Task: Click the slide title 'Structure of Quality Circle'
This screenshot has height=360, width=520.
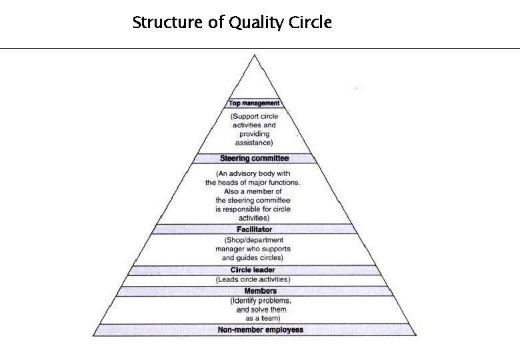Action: pyautogui.click(x=232, y=23)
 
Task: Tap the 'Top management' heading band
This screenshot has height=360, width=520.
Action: pyautogui.click(x=253, y=103)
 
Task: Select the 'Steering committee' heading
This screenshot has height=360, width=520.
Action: pyautogui.click(x=253, y=159)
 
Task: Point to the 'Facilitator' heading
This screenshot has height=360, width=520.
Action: pyautogui.click(x=253, y=229)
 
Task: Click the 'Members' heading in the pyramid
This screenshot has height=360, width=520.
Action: pyautogui.click(x=260, y=291)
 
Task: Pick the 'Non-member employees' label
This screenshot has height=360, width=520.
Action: pyautogui.click(x=260, y=330)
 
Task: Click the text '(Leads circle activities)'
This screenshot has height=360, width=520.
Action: pyautogui.click(x=253, y=280)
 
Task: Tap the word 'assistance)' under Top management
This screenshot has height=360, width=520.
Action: pyautogui.click(x=254, y=143)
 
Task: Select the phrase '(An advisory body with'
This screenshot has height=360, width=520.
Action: pyautogui.click(x=253, y=173)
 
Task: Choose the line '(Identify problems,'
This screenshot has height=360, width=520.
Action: pyautogui.click(x=261, y=301)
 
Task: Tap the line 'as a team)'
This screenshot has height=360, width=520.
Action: pyautogui.click(x=261, y=319)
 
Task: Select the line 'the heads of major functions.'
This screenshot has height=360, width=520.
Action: pyautogui.click(x=253, y=182)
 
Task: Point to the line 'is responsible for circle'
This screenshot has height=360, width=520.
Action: pyautogui.click(x=253, y=209)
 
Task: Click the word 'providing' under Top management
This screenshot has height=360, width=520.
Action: pyautogui.click(x=254, y=134)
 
